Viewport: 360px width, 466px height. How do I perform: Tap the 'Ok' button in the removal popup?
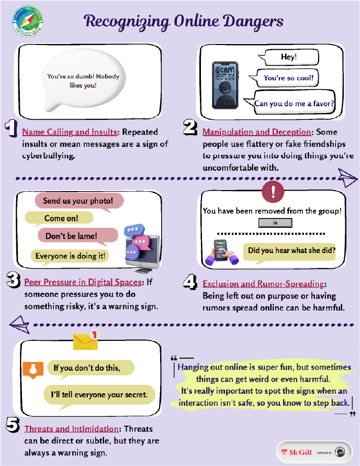point(275,223)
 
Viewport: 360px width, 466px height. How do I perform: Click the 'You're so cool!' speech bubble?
point(288,79)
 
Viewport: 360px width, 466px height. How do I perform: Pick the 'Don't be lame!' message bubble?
point(72,236)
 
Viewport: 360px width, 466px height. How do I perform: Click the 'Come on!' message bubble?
point(59,219)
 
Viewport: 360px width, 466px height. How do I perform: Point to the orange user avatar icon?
point(32,369)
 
